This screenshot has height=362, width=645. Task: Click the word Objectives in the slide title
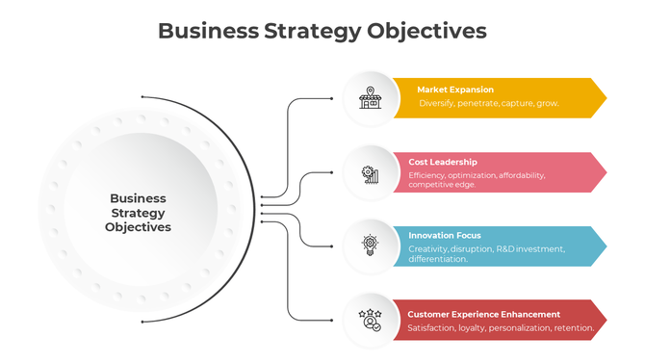pyautogui.click(x=426, y=31)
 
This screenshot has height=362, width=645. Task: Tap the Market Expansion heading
pyautogui.click(x=454, y=90)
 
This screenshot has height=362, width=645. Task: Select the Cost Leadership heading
pyautogui.click(x=442, y=162)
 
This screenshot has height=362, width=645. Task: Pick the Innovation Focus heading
pyautogui.click(x=444, y=235)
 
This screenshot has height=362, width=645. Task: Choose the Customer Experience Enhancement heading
pyautogui.click(x=483, y=314)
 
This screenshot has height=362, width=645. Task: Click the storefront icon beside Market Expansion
pyautogui.click(x=369, y=97)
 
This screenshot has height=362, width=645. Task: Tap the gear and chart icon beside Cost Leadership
pyautogui.click(x=370, y=174)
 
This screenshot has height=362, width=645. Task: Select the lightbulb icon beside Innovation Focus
pyautogui.click(x=370, y=246)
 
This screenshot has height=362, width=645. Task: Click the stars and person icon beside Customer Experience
pyautogui.click(x=369, y=319)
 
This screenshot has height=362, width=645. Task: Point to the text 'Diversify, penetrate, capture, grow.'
pyautogui.click(x=489, y=103)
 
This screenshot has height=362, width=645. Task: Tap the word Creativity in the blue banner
pyautogui.click(x=428, y=248)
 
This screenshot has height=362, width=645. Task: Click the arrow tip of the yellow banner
pyautogui.click(x=604, y=97)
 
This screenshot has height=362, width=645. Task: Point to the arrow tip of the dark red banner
pyautogui.click(x=604, y=321)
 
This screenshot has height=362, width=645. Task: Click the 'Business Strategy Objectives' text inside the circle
pyautogui.click(x=139, y=213)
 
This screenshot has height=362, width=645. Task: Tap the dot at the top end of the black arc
pyautogui.click(x=142, y=97)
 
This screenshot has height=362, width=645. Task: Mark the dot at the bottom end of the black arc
pyautogui.click(x=142, y=321)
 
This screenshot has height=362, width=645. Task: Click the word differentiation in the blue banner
pyautogui.click(x=438, y=259)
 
